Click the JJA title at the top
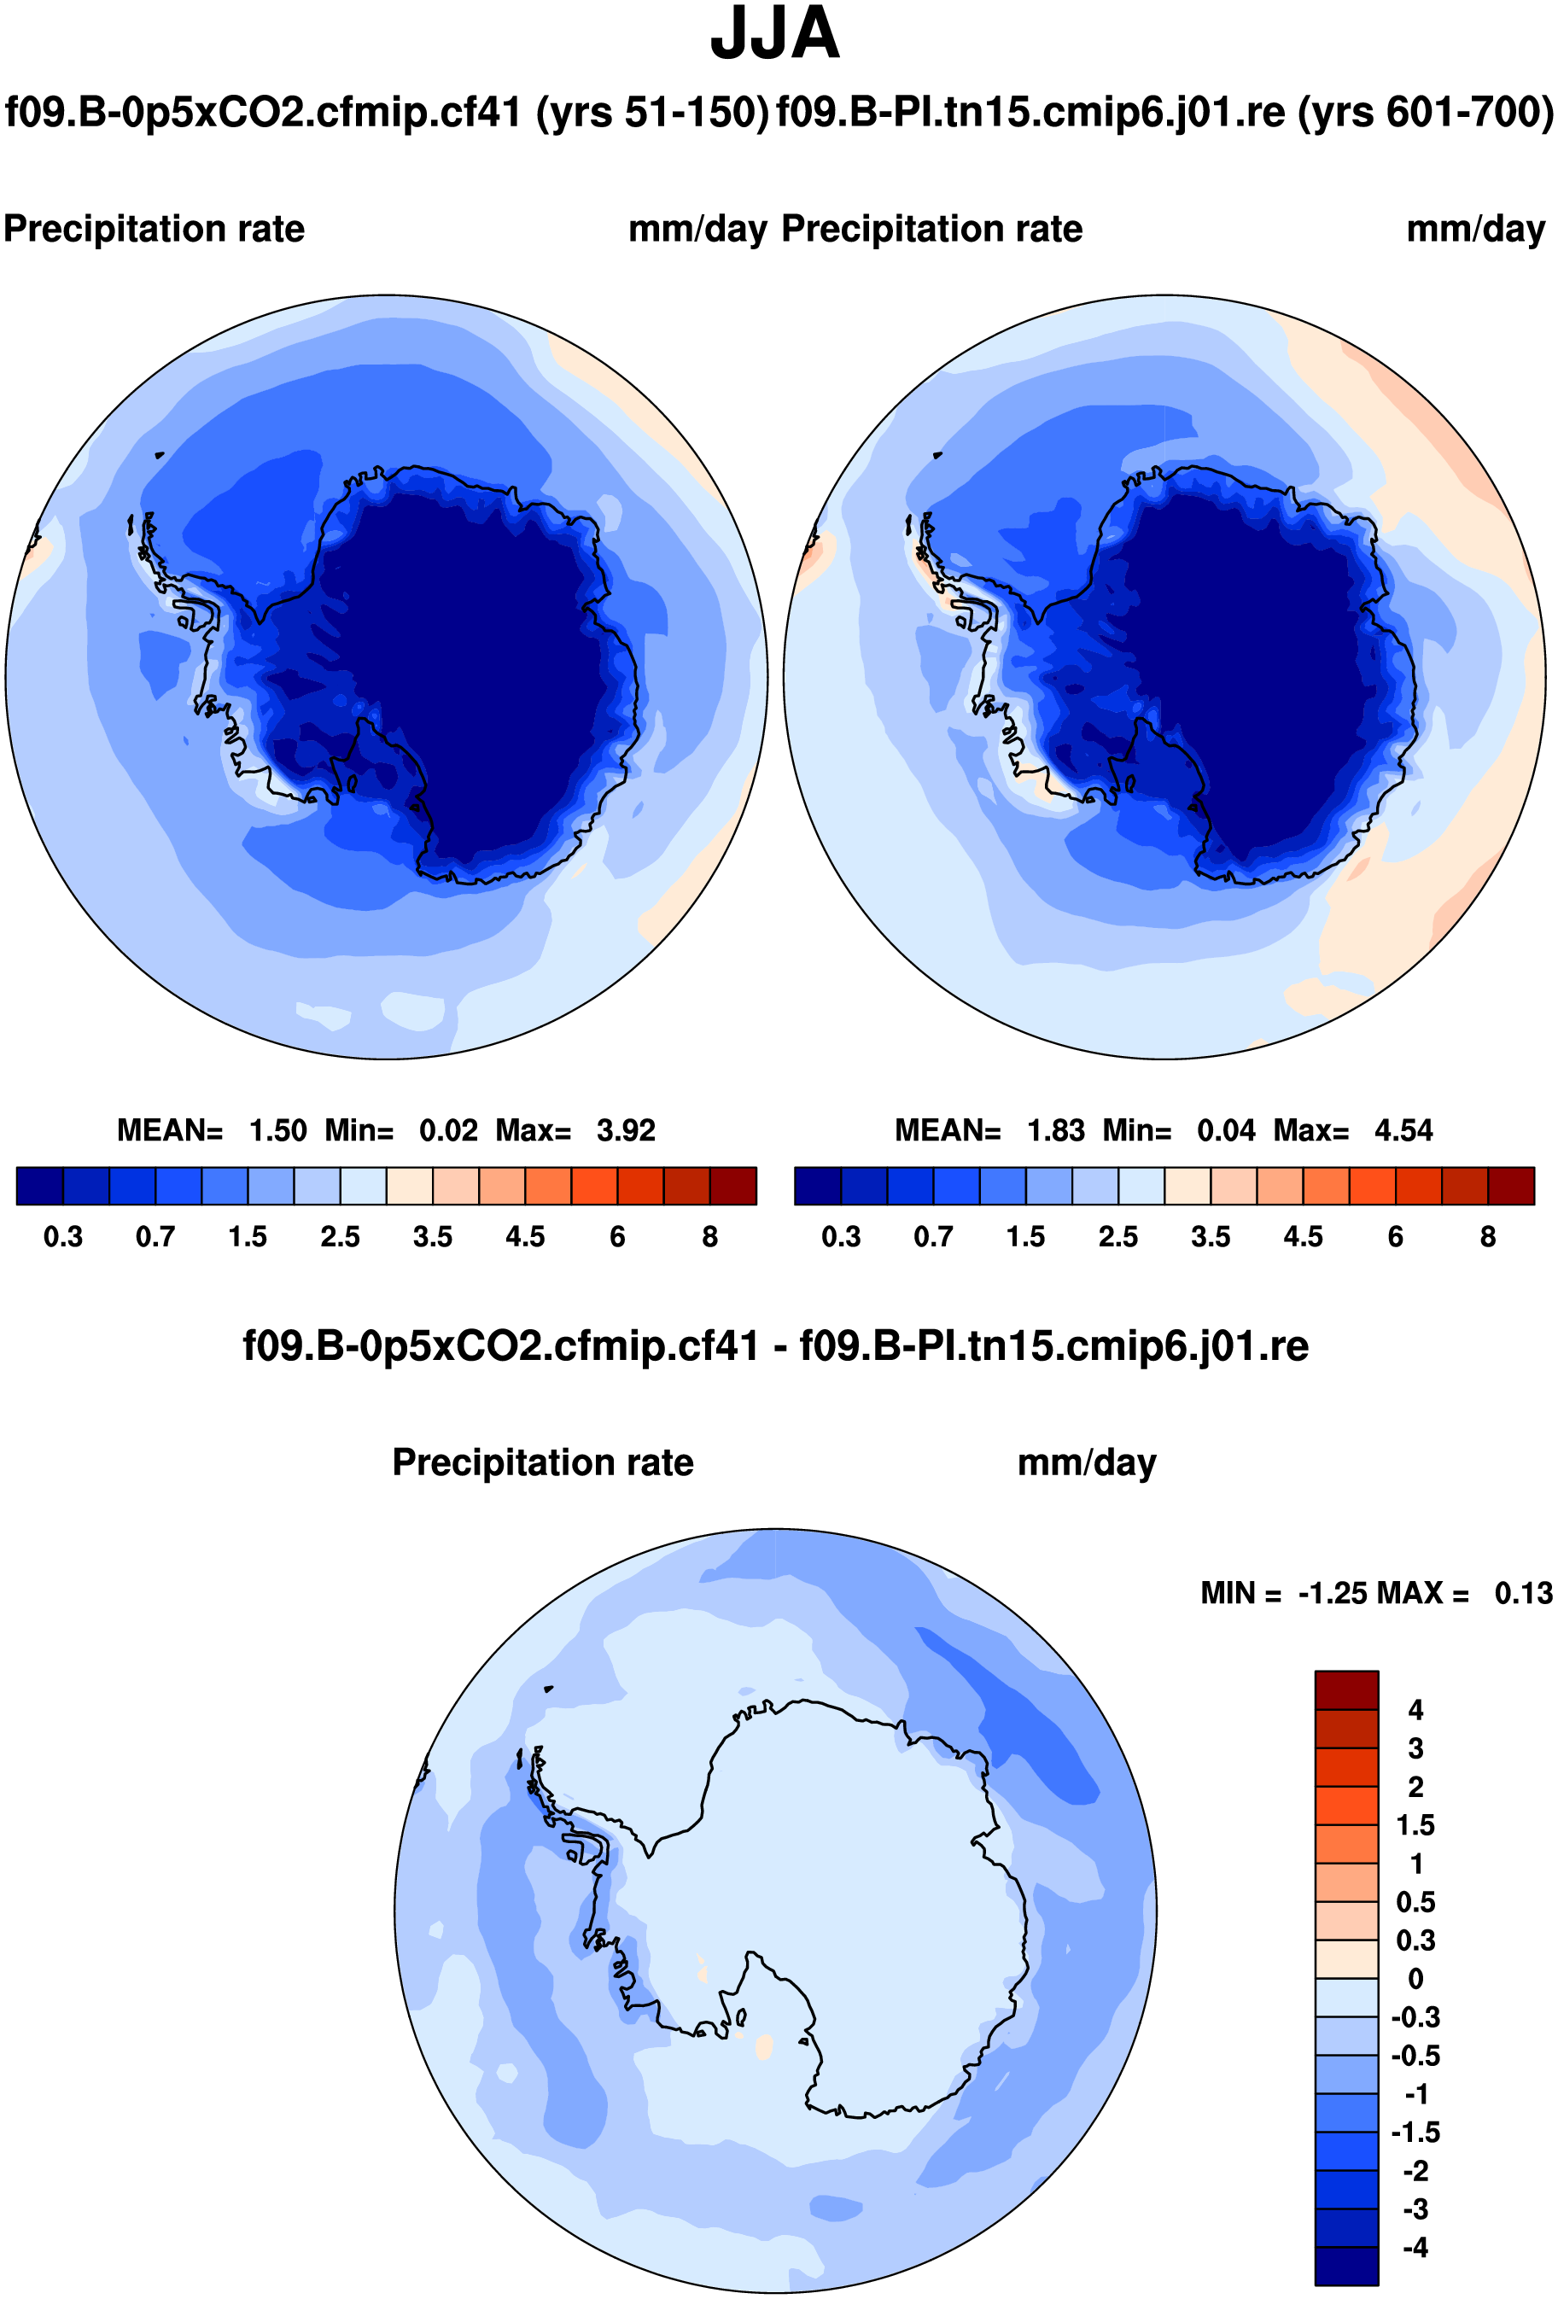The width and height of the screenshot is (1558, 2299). [774, 35]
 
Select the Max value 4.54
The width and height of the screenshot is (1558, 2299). [1403, 1130]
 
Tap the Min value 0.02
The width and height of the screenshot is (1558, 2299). [448, 1130]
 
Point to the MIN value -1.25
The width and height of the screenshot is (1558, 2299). [1328, 1594]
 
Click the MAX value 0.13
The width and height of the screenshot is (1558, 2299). [1523, 1594]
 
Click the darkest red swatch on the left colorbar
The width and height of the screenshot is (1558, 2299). [733, 1186]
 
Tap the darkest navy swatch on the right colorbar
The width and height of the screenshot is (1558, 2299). [818, 1186]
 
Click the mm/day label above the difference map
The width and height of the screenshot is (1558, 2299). [1086, 1463]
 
